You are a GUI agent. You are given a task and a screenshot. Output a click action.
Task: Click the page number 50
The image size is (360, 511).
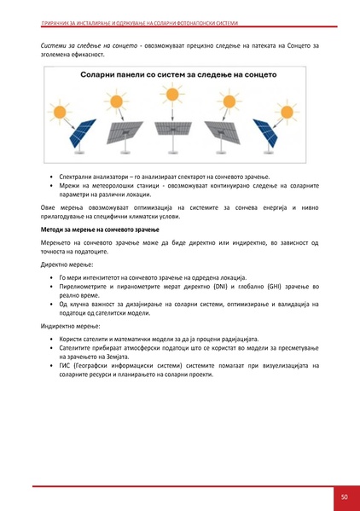[x=344, y=496]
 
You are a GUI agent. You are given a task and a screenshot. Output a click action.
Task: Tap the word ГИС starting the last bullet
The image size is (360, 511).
[x=64, y=366]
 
